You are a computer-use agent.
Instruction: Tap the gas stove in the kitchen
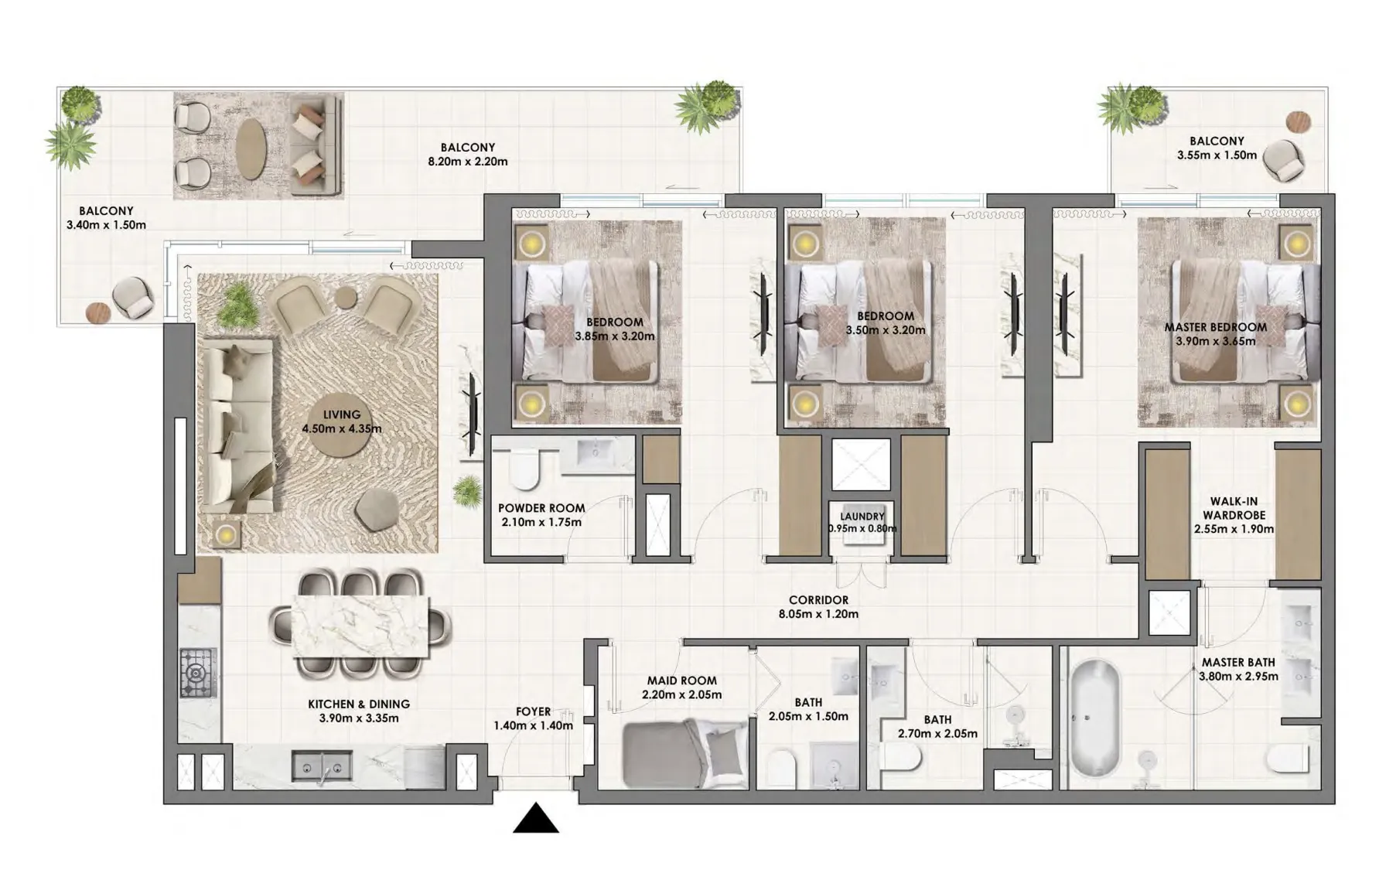[x=198, y=673]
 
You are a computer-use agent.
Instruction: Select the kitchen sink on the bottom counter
[x=322, y=766]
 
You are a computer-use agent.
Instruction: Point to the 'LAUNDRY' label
[x=862, y=516]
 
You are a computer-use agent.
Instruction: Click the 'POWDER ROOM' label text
[x=541, y=508]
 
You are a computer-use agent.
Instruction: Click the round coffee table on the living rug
[x=341, y=422]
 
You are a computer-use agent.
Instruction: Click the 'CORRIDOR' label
[x=818, y=599]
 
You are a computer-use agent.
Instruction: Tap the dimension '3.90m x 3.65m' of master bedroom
[x=1215, y=341]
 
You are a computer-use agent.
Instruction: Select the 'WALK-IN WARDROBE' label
[x=1233, y=508]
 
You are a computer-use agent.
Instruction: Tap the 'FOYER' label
[x=533, y=711]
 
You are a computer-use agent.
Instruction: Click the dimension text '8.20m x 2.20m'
[x=467, y=162]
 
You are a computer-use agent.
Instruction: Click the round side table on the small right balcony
[x=1299, y=122]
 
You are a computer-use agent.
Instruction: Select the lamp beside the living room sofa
[x=224, y=534]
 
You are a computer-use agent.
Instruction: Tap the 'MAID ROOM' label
[x=681, y=680]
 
